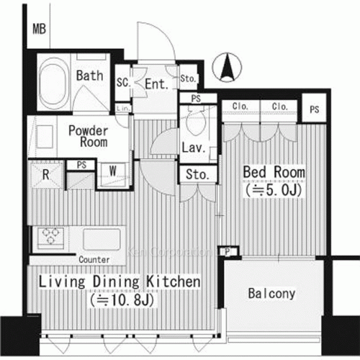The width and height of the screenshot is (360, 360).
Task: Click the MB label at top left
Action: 39,30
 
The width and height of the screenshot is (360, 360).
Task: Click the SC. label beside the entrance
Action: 123,83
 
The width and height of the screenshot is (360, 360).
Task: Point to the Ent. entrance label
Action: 156,84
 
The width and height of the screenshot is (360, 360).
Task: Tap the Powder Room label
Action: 89,136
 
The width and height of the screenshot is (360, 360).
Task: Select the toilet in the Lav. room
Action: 195,123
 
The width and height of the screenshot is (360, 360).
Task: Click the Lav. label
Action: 194,149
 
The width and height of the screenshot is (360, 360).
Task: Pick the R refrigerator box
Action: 45,174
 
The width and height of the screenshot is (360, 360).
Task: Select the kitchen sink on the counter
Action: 103,238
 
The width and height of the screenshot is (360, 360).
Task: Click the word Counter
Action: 94,259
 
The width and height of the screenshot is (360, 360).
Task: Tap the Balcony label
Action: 271,293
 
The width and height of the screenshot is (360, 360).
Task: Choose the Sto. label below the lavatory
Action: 197,175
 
